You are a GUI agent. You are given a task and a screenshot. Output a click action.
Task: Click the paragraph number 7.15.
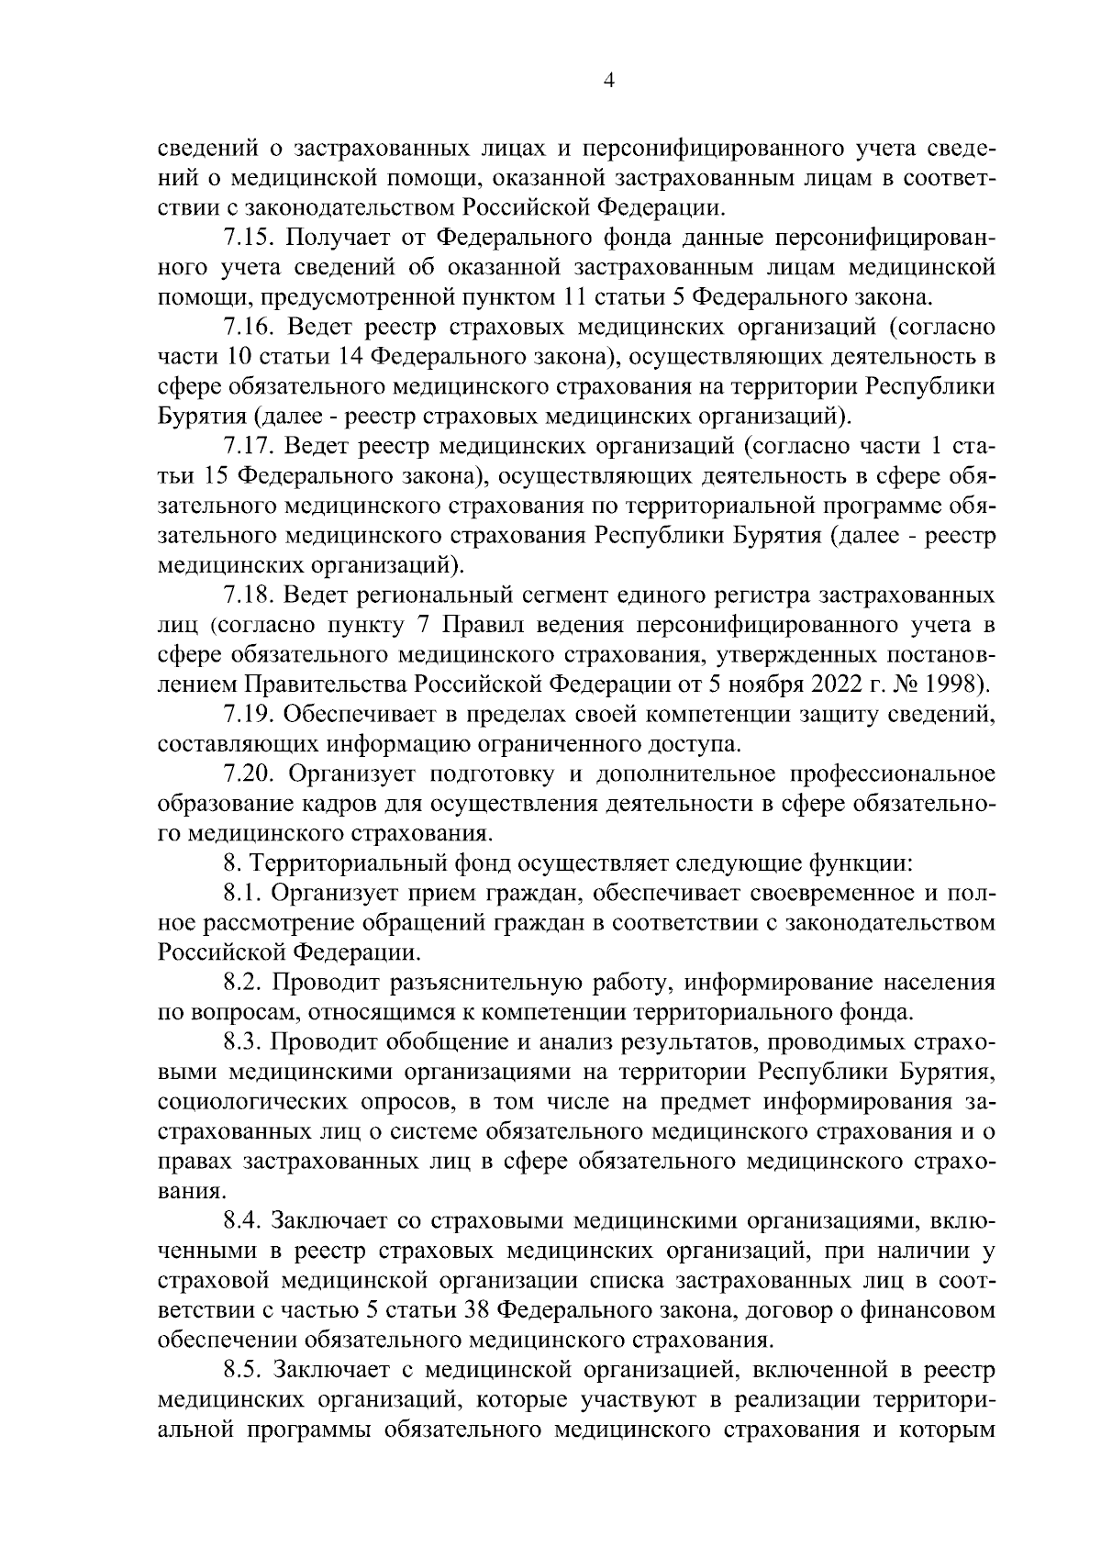[x=249, y=239]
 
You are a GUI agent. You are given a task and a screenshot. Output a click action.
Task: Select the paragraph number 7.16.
[x=249, y=328]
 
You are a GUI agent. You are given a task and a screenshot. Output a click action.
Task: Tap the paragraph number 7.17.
[x=249, y=446]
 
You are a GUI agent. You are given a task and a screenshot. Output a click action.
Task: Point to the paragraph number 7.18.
[x=249, y=596]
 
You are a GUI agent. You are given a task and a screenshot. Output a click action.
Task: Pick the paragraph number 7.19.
[x=249, y=714]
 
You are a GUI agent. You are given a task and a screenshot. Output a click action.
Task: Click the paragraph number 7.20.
[x=249, y=773]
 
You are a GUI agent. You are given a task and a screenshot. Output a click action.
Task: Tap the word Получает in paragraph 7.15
[x=342, y=239]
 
